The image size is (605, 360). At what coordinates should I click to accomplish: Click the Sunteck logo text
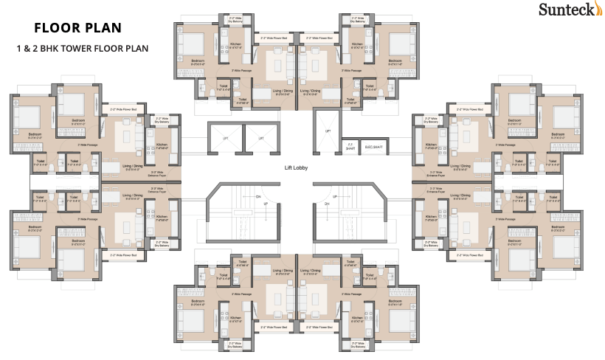tap(566, 10)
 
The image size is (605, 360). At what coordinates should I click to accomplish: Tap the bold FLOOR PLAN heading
tap(77, 29)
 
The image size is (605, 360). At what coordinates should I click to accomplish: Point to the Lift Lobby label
tap(296, 168)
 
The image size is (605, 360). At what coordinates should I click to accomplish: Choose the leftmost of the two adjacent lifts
tap(226, 138)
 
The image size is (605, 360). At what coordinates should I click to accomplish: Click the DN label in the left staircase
tap(258, 198)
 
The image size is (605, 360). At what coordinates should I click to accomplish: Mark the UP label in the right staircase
tap(335, 197)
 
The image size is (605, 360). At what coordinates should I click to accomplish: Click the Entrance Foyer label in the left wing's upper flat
tap(156, 155)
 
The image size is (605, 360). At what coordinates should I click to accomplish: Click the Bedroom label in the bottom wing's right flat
tap(399, 302)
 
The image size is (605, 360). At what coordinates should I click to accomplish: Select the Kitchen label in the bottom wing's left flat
tap(236, 319)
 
